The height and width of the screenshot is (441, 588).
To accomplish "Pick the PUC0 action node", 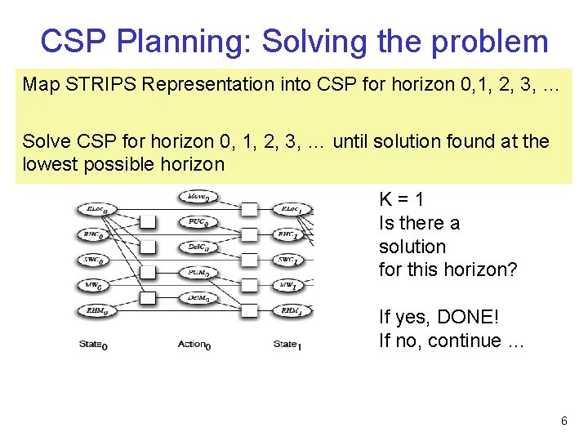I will (x=197, y=222).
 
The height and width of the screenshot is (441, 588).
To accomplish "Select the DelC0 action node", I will (x=197, y=247).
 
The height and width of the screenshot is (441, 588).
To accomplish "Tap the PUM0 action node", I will (x=197, y=273).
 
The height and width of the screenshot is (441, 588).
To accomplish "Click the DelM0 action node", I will (x=197, y=298).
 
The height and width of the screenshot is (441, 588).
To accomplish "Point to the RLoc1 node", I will (x=292, y=210).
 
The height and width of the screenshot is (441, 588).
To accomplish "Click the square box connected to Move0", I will (x=250, y=209).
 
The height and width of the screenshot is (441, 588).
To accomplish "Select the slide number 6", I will (x=563, y=421).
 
